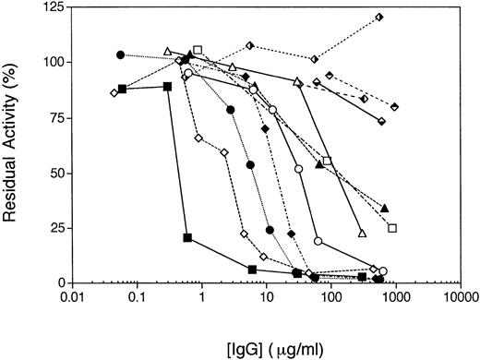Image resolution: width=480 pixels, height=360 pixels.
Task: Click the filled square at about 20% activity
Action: pyautogui.click(x=187, y=238)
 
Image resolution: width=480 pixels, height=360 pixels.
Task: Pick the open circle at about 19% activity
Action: pyautogui.click(x=318, y=241)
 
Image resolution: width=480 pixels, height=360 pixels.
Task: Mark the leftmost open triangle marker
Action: pyautogui.click(x=167, y=51)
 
